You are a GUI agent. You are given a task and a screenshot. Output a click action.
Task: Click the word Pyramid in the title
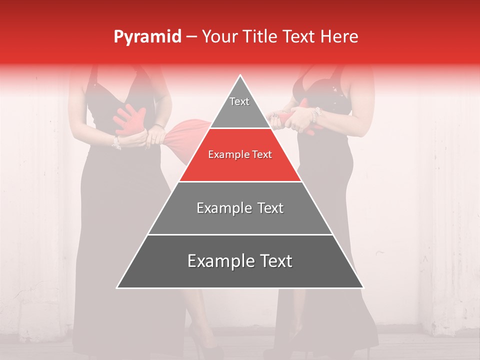pos(147,37)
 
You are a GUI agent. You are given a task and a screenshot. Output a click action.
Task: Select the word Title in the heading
pos(262,37)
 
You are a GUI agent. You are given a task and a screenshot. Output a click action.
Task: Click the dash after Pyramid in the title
pos(191,37)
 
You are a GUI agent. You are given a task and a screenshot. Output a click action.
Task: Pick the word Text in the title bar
pos(300,37)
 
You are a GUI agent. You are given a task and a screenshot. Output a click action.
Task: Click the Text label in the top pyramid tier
pos(239,101)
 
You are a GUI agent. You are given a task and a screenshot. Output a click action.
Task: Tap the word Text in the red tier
pos(262,154)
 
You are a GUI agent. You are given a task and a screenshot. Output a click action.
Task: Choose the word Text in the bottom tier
pos(272,261)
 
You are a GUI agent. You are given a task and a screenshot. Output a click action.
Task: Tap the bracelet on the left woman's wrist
pos(116,143)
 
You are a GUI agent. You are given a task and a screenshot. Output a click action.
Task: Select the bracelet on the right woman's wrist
pos(315,115)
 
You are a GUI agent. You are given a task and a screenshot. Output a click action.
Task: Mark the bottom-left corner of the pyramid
pos(117,287)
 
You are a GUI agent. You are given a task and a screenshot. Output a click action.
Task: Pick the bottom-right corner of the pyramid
pos(363,287)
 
